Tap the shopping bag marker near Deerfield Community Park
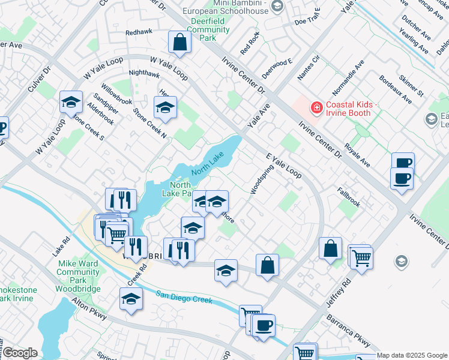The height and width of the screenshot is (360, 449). click(179, 43)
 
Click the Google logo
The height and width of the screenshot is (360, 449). click(20, 353)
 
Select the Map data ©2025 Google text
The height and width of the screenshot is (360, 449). click(411, 355)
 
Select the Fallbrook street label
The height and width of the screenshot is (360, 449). click(349, 199)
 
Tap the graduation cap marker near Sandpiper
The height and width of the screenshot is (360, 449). click(71, 103)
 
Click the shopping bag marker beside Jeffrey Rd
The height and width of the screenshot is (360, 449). click(330, 248)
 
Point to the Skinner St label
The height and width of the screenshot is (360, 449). click(411, 86)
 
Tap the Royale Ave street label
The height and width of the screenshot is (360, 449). click(357, 155)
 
